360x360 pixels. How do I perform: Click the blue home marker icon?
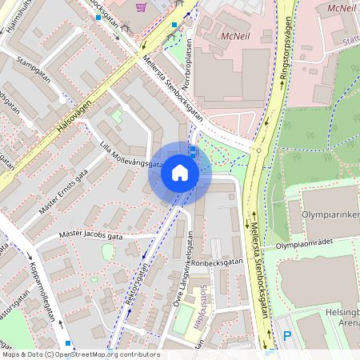[x=180, y=173]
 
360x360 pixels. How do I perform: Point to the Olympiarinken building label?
[x=330, y=215]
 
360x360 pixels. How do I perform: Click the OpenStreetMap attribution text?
[x=81, y=354]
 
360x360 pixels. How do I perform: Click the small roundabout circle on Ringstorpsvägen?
[x=258, y=150]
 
